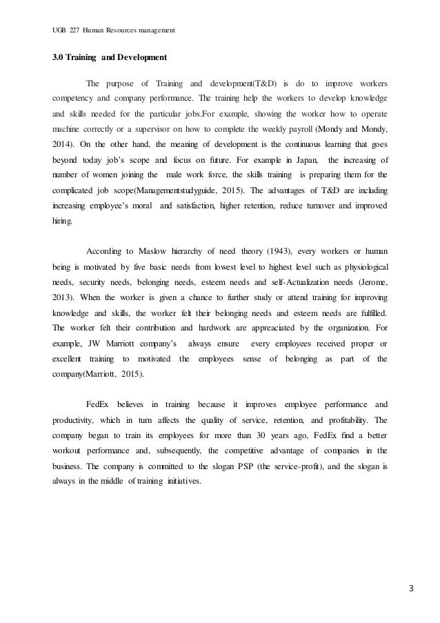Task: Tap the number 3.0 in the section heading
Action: [x=59, y=57]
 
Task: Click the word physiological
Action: [x=363, y=266]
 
